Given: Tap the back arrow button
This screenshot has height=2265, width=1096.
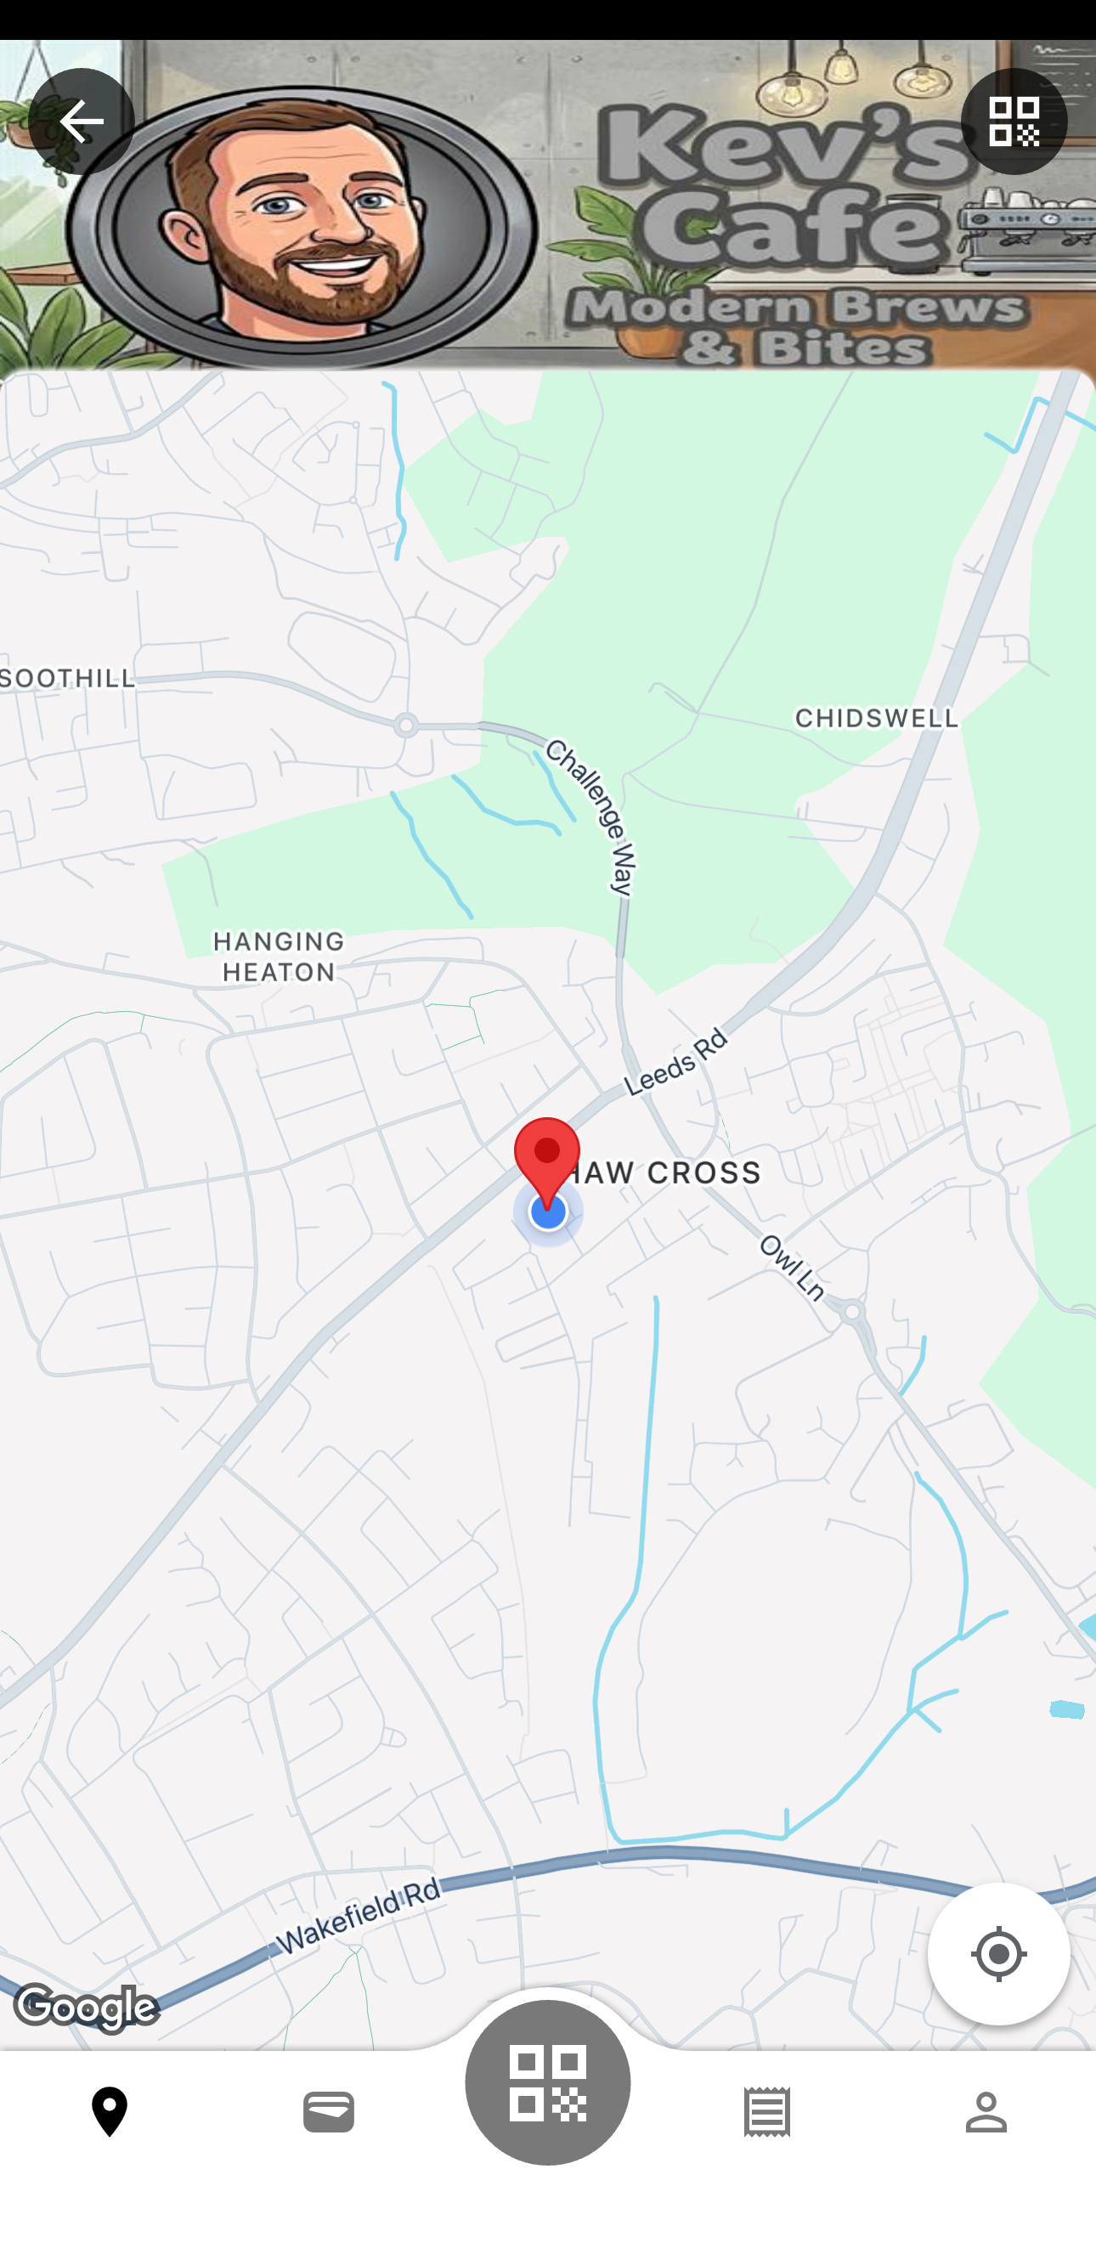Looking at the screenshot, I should click(x=81, y=121).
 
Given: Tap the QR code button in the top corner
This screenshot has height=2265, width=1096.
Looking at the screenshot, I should click(x=1014, y=121).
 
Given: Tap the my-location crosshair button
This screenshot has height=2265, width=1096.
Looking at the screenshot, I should click(x=998, y=1955).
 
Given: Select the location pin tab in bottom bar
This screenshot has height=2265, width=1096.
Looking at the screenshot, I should click(x=109, y=2112).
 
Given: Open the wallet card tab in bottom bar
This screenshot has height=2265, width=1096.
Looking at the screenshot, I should click(x=328, y=2112).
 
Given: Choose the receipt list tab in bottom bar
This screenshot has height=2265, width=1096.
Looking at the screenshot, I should click(x=766, y=2112).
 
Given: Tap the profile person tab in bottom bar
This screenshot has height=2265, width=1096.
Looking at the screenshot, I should click(x=986, y=2112).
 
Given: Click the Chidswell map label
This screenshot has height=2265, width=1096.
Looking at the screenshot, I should click(x=876, y=719).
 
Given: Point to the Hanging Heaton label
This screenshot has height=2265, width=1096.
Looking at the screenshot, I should click(x=278, y=957).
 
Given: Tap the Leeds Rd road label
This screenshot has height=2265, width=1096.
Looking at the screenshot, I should click(x=676, y=1063).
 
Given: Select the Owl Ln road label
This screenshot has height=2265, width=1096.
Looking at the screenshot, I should click(x=792, y=1267).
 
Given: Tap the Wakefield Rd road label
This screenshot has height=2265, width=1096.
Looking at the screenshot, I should click(x=358, y=1917).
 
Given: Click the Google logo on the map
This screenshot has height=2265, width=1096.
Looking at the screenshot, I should click(x=86, y=2009).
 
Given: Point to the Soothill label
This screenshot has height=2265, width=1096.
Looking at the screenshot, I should click(x=69, y=678).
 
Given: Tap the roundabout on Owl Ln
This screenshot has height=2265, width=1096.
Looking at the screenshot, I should click(x=851, y=1313).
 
